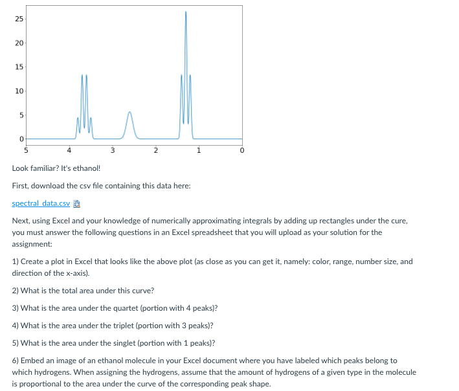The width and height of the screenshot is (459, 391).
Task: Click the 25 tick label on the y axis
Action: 19,19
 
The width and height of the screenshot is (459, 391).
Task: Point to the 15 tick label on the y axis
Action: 19,67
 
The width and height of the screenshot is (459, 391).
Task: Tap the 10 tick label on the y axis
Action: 19,91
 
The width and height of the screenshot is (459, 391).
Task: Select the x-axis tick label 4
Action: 69,150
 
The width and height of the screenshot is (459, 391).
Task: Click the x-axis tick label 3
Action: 113,150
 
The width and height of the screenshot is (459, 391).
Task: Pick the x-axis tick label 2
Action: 155,150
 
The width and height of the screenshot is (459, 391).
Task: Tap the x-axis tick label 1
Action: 199,150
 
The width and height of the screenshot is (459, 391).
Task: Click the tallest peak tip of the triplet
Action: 186,12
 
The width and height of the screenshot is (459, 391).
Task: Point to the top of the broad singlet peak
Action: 129,113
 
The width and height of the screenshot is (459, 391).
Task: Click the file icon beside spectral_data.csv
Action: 75,203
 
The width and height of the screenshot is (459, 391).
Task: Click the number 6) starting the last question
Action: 16,360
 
